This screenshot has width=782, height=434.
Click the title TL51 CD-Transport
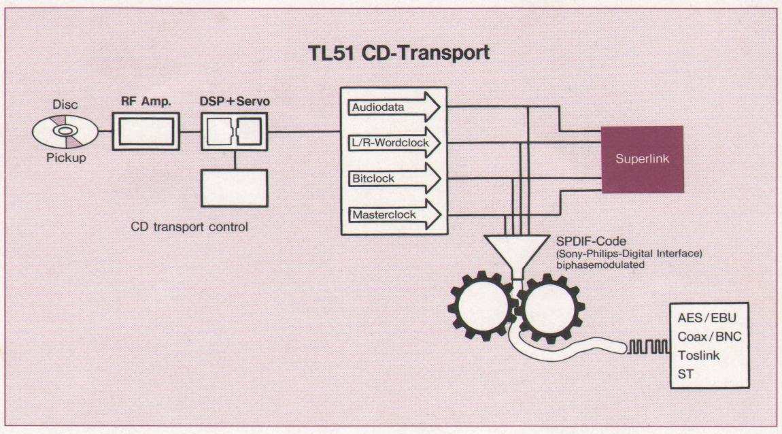pos(398,54)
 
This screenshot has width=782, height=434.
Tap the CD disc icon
pos(62,131)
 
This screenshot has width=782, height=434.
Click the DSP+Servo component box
pos(235,131)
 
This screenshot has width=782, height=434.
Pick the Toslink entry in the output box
pos(698,355)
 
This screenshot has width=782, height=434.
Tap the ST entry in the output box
pos(685,373)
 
